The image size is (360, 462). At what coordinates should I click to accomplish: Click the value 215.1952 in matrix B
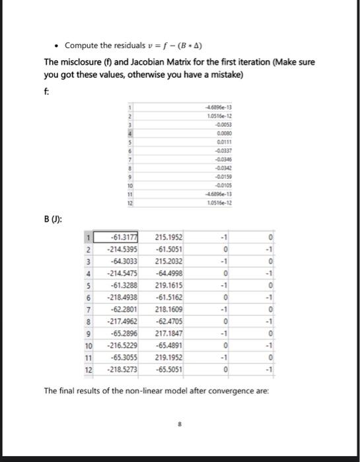pos(169,238)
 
